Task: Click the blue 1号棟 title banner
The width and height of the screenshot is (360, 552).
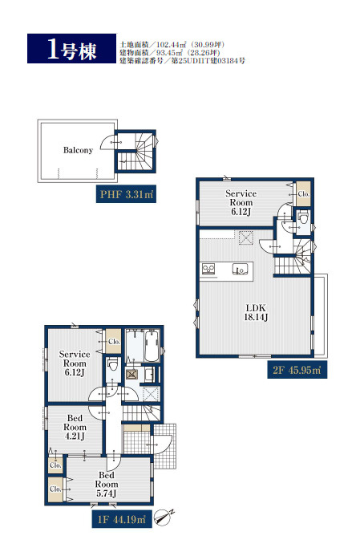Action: click(x=71, y=49)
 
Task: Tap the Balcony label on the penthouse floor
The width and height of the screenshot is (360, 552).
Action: click(x=78, y=150)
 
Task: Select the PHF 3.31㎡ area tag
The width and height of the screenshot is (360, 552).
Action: click(x=126, y=194)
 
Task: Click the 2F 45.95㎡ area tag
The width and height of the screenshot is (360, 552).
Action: click(x=297, y=370)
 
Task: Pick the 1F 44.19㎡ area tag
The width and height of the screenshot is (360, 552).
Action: click(x=122, y=519)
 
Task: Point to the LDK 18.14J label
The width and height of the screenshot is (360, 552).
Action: click(x=256, y=312)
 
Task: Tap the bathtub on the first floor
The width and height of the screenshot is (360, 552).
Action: click(x=152, y=346)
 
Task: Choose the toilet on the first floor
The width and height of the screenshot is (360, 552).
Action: click(x=112, y=364)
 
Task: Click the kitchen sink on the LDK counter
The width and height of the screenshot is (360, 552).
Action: click(x=240, y=269)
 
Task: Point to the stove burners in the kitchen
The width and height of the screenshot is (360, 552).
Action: click(x=208, y=269)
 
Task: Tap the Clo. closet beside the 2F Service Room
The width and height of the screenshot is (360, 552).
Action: click(x=303, y=193)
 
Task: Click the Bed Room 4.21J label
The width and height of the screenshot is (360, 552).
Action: click(x=75, y=427)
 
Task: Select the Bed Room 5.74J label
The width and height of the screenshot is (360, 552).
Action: click(x=107, y=484)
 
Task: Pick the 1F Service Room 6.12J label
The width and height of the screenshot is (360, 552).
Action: click(x=75, y=363)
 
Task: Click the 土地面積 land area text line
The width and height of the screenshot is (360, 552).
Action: click(x=172, y=45)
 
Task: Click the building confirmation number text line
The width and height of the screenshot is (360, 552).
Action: click(x=182, y=60)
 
